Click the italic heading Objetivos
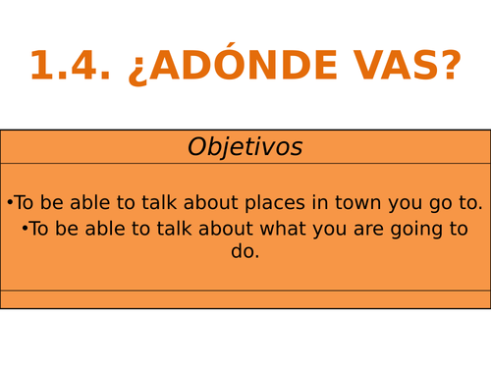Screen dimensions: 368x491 (x=245, y=147)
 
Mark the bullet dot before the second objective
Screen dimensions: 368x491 (x=24, y=230)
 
